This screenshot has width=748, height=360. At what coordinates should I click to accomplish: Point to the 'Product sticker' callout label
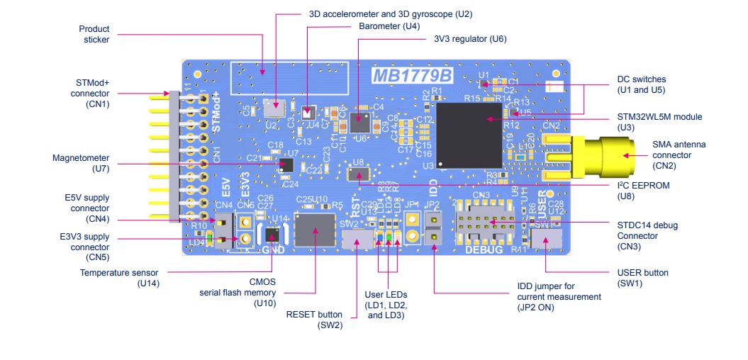click(x=94, y=34)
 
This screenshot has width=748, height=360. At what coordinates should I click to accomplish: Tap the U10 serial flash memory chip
click(x=315, y=231)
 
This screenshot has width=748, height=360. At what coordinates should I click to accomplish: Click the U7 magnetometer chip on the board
click(x=286, y=165)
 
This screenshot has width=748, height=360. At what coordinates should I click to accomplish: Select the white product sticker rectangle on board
click(x=290, y=77)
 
